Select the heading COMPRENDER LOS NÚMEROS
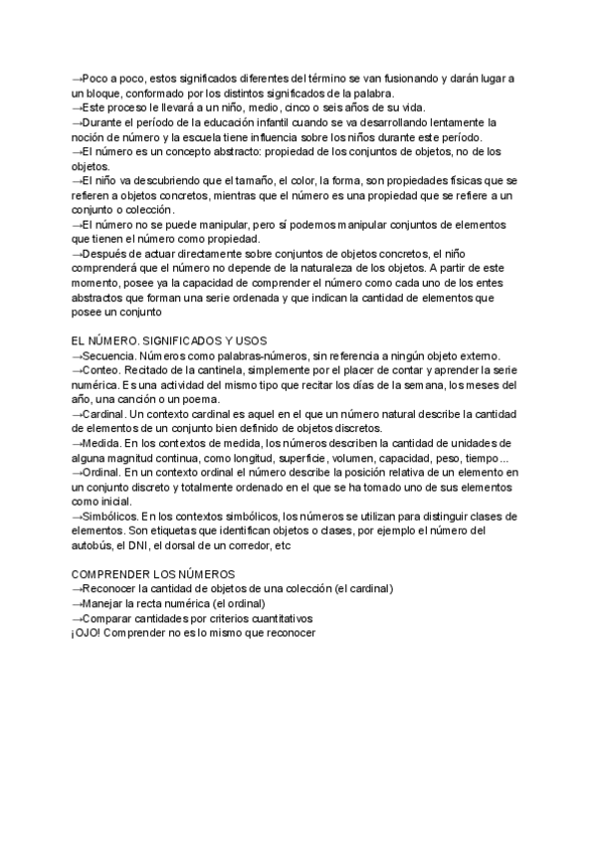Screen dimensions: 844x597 coord(153,574)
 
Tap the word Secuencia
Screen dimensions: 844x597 coord(109,356)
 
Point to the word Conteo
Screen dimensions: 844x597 coord(102,370)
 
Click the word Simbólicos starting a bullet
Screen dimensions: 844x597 coord(112,516)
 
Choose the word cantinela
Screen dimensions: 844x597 coord(212,370)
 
